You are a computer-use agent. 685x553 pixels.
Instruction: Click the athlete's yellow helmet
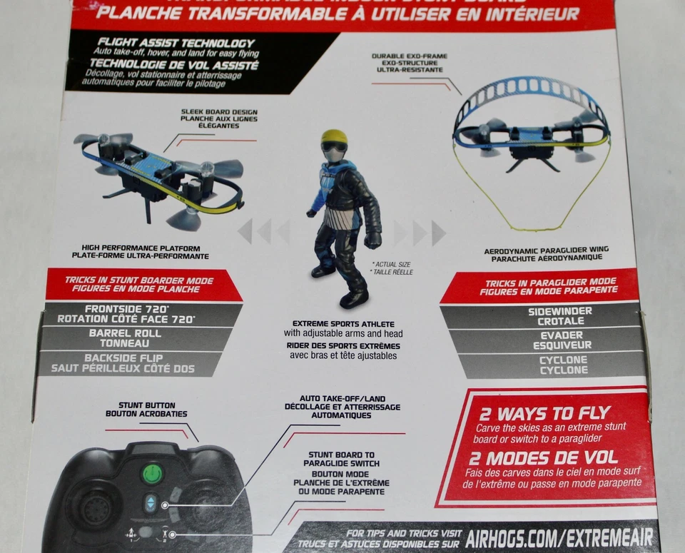333,136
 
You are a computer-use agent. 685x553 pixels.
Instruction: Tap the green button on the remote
152,474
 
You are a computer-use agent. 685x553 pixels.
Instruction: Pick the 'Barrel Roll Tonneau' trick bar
124,338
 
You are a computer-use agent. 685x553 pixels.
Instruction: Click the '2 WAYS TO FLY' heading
544,413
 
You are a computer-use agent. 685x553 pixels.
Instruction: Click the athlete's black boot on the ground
353,298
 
